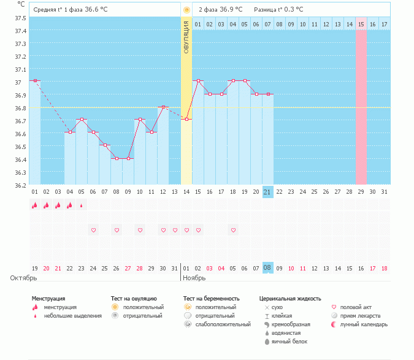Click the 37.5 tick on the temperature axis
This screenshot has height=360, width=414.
click(x=21, y=18)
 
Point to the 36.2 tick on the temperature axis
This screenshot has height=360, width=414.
click(x=21, y=185)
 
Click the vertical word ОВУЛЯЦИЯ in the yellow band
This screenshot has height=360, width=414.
click(x=186, y=37)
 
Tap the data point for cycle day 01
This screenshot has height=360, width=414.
click(x=35, y=80)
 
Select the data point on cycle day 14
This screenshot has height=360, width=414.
click(x=186, y=119)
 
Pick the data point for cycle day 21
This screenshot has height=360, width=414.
click(x=267, y=94)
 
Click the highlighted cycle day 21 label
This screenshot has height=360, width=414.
click(x=267, y=191)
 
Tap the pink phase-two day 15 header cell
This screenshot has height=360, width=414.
click(x=361, y=24)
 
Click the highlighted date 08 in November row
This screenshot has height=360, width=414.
click(x=267, y=268)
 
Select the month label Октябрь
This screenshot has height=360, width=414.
click(x=25, y=278)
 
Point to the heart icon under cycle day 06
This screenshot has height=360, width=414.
click(x=93, y=230)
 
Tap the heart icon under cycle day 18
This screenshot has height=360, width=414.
click(x=233, y=230)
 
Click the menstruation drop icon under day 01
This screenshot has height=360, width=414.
click(x=35, y=205)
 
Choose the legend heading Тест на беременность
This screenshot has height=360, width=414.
click(x=211, y=299)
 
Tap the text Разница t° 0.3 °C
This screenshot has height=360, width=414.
click(x=278, y=10)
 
